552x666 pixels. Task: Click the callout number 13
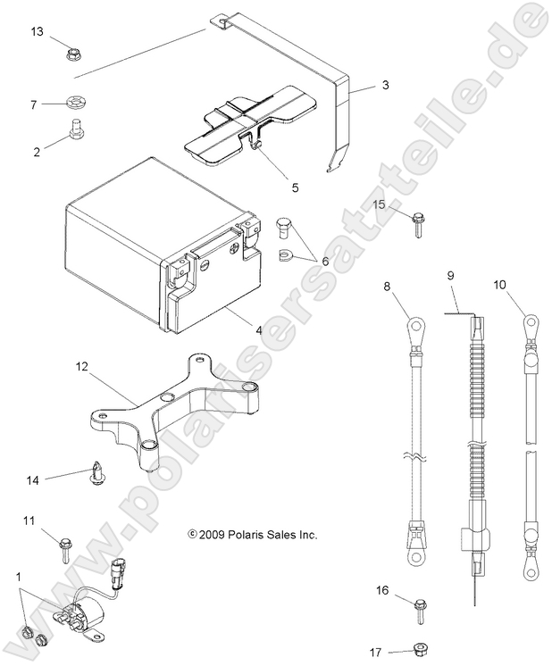[37, 32]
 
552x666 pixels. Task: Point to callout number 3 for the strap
[385, 86]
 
